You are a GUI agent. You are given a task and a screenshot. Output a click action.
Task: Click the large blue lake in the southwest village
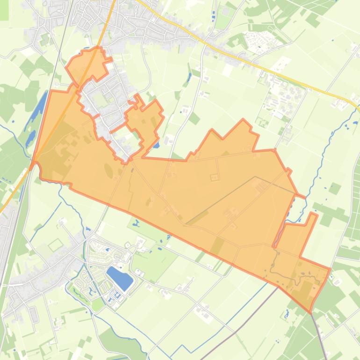120,277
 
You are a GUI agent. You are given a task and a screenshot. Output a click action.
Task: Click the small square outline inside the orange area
215,177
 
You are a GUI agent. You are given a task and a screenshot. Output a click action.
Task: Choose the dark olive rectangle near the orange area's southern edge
217,245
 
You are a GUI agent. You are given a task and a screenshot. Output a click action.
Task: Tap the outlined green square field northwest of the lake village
56,245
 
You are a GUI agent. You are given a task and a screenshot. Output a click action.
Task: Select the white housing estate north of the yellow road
262,40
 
